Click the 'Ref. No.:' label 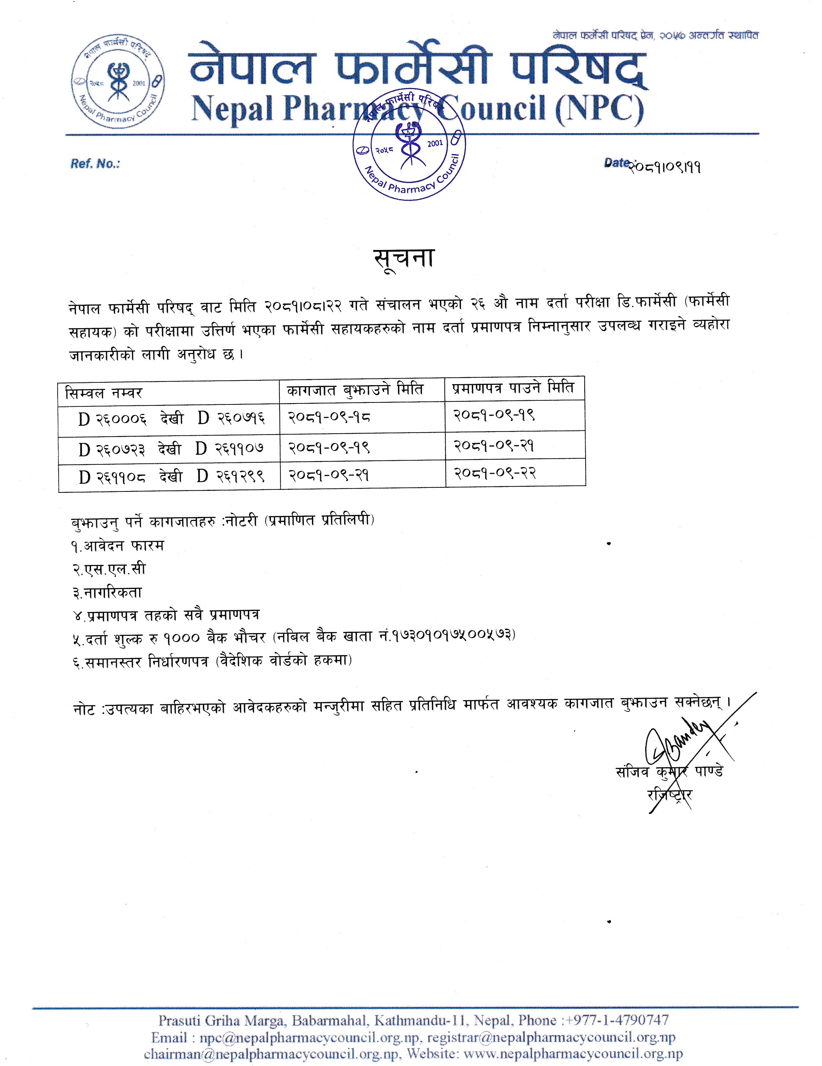point(95,164)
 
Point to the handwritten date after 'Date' point(665,167)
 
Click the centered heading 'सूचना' point(404,258)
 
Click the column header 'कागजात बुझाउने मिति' point(355,390)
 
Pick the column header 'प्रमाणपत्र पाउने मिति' point(512,389)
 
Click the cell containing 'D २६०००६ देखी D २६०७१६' point(171,418)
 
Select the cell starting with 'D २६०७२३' point(171,448)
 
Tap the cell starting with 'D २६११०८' point(171,476)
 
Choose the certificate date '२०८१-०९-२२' point(495,473)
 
